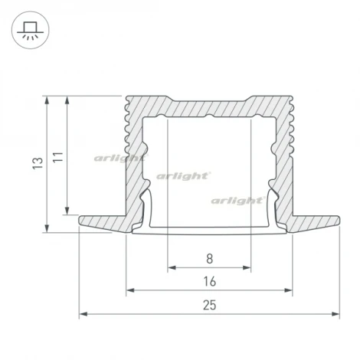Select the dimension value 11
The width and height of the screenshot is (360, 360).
coord(57,156)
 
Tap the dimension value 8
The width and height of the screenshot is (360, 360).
coord(209,259)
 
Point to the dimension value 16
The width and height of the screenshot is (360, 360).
coord(209,282)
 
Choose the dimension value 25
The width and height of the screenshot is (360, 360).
coord(209,305)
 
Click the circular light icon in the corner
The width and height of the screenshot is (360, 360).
coord(31,31)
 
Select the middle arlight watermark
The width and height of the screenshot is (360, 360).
coord(184,175)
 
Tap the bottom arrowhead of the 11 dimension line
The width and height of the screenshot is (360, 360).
coord(67,212)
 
